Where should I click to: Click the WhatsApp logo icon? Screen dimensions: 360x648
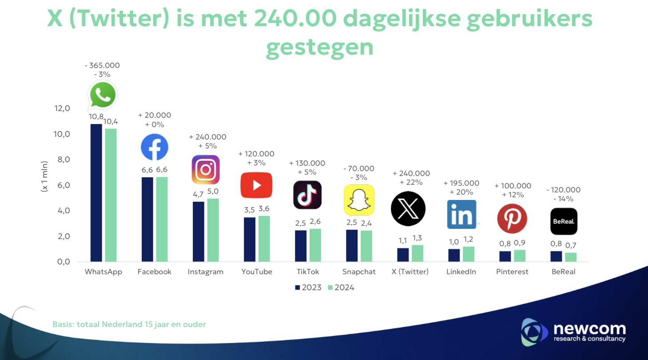click(x=103, y=95)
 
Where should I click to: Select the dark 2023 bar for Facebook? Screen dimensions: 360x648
click(x=147, y=219)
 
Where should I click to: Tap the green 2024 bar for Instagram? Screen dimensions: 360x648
click(x=213, y=230)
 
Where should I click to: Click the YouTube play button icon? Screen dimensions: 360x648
click(x=256, y=185)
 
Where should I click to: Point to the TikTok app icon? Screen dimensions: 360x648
click(x=307, y=195)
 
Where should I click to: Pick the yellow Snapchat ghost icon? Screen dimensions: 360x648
click(x=359, y=200)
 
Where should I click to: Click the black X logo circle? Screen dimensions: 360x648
click(x=408, y=208)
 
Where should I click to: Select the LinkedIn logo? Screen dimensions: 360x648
click(x=462, y=214)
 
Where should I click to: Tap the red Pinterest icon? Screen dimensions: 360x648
click(x=512, y=219)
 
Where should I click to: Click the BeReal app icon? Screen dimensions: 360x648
click(x=564, y=221)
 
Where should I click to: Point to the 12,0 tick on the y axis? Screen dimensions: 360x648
click(x=61, y=108)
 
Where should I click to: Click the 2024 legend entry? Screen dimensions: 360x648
click(x=341, y=288)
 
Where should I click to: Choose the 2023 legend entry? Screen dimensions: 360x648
click(x=308, y=288)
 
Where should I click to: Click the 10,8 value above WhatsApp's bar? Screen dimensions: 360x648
click(x=96, y=117)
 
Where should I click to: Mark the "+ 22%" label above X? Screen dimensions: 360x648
click(x=411, y=183)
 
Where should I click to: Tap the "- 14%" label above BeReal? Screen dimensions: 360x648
click(x=563, y=199)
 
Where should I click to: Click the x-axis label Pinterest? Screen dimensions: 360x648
click(x=512, y=272)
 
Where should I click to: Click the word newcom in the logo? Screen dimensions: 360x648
click(x=589, y=329)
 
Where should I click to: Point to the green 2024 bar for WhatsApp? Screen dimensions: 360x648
click(x=110, y=195)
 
